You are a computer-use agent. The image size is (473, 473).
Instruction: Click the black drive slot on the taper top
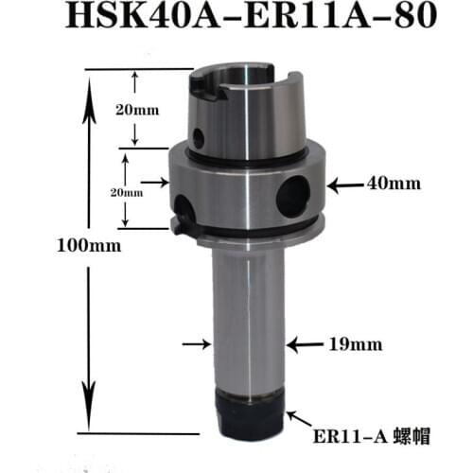click(x=205, y=87)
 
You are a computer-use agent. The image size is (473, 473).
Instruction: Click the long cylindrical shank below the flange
click(x=247, y=312)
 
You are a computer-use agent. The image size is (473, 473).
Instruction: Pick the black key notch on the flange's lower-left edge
click(x=180, y=225)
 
